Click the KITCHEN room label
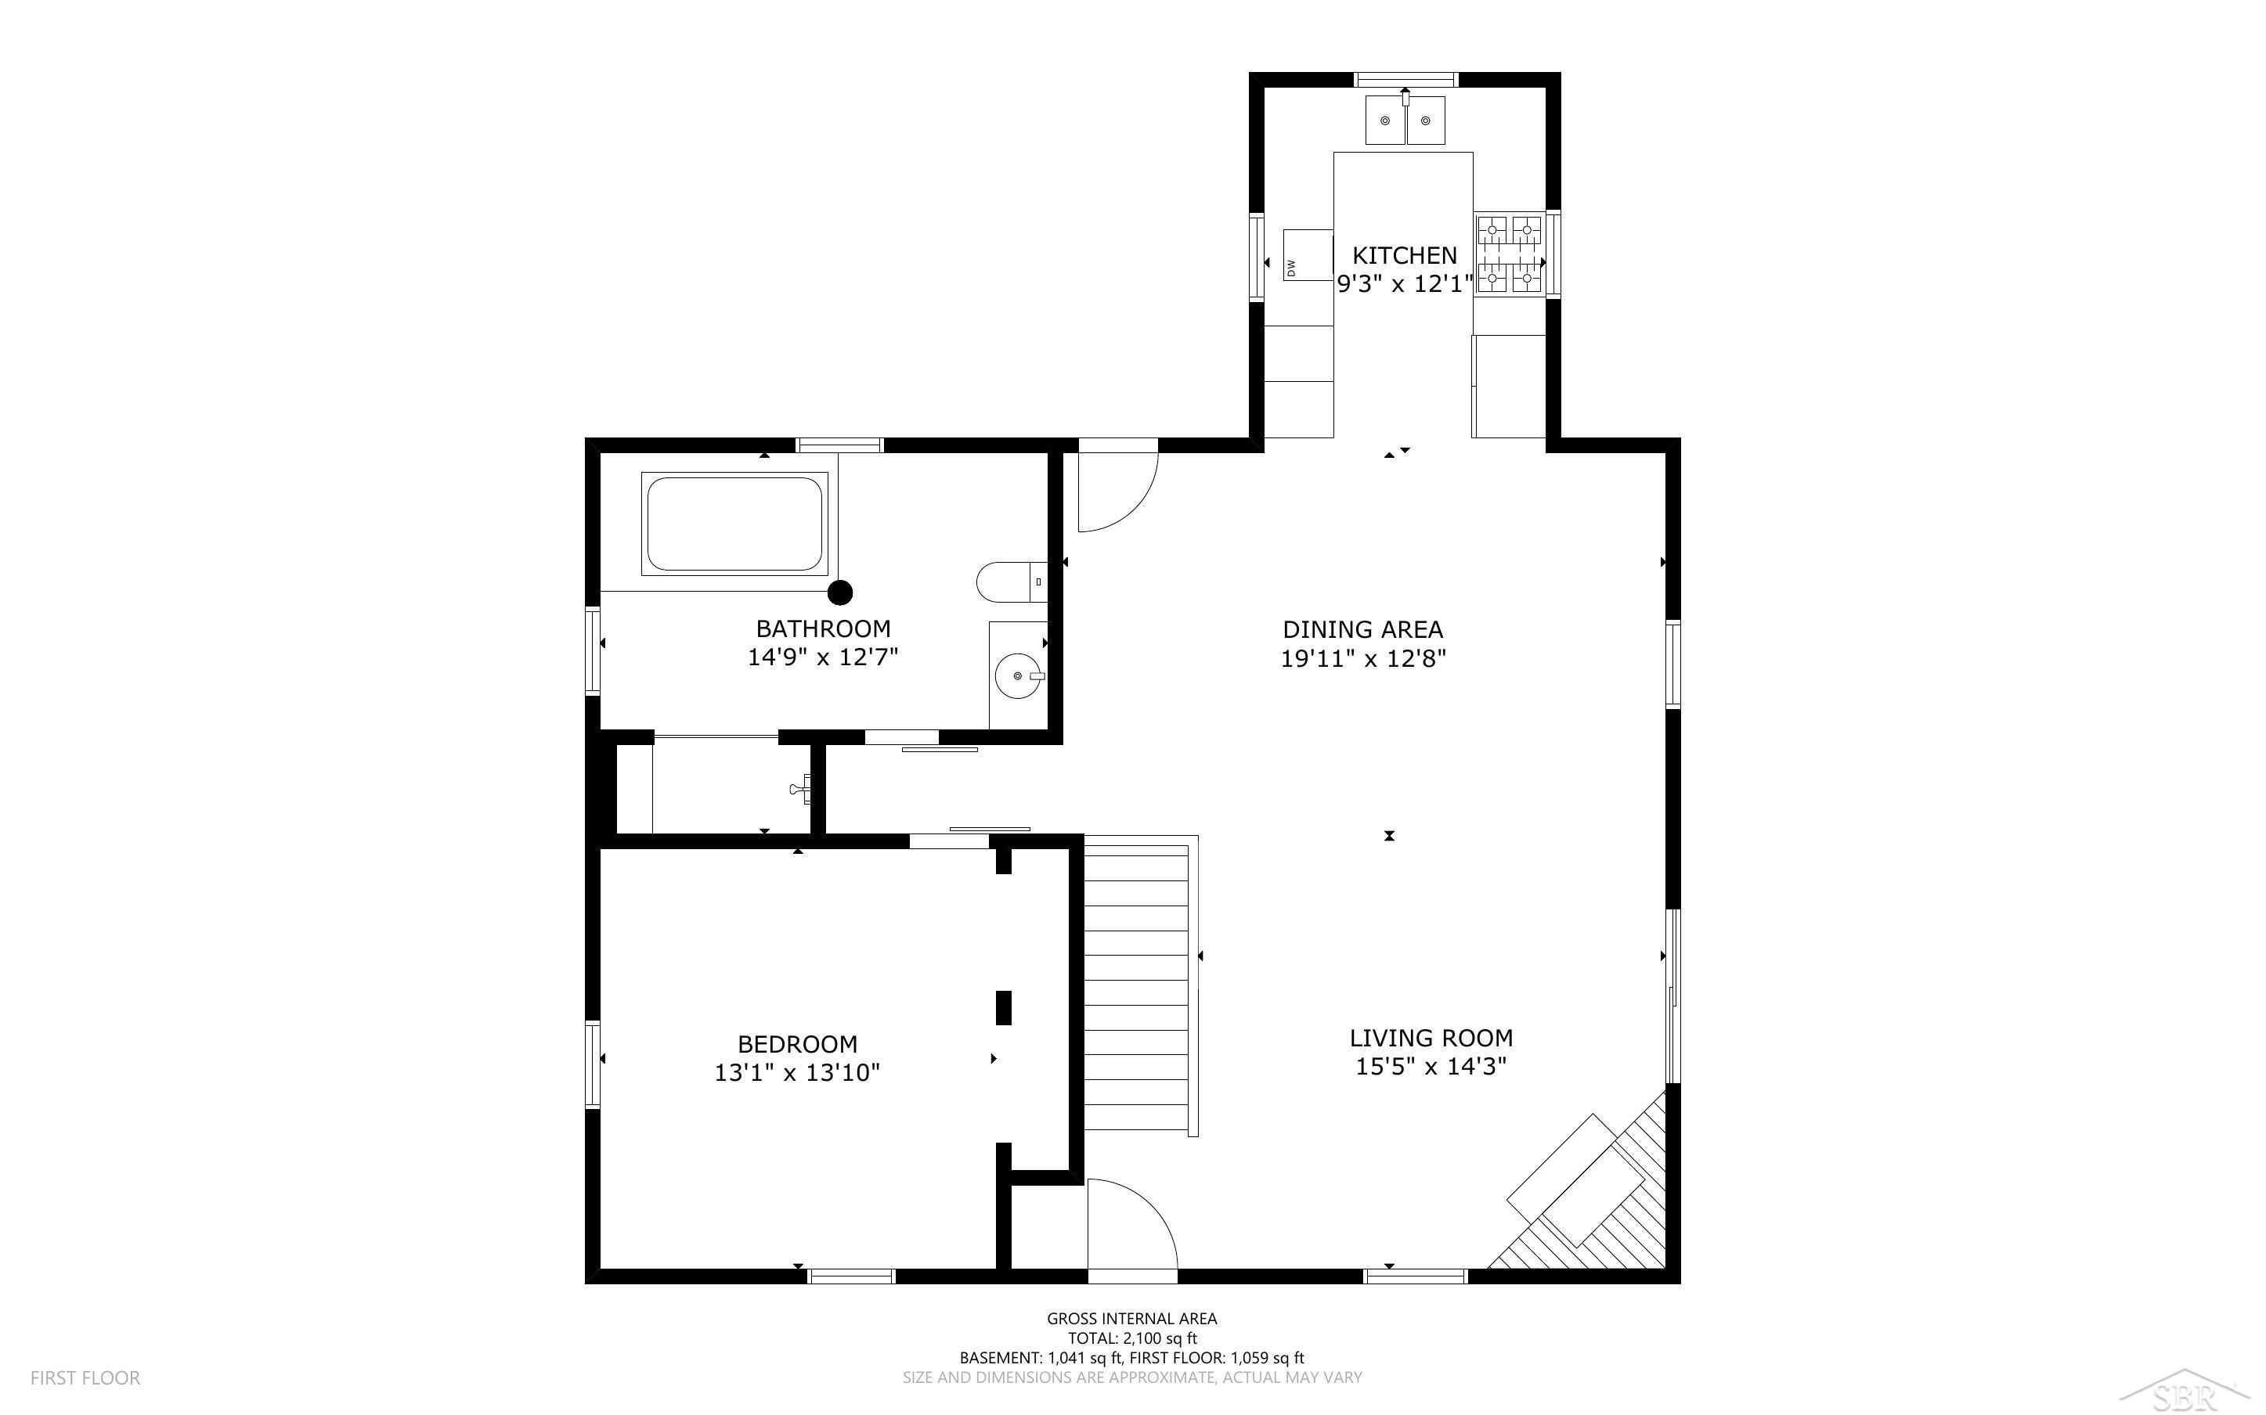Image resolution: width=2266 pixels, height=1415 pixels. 1404,254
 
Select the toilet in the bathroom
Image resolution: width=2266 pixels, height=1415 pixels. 1011,582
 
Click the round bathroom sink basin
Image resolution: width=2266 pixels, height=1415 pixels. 1017,675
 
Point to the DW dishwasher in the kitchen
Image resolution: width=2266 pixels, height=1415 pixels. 1308,254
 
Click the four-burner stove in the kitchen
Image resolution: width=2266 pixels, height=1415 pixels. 1509,254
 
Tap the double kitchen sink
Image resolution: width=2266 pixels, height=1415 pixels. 1405,121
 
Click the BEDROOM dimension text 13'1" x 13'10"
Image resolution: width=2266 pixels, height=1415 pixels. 797,1072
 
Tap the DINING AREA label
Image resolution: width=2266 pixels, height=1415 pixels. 1362,630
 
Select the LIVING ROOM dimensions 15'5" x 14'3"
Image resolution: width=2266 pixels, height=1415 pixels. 1431,1066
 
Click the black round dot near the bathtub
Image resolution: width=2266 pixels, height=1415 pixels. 840,592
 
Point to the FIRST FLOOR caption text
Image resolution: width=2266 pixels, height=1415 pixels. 85,1377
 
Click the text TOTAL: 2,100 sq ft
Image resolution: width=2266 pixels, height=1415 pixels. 1132,1338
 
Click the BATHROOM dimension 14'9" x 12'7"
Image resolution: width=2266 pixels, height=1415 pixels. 823,657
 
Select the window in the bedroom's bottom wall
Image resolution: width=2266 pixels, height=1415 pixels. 852,1276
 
